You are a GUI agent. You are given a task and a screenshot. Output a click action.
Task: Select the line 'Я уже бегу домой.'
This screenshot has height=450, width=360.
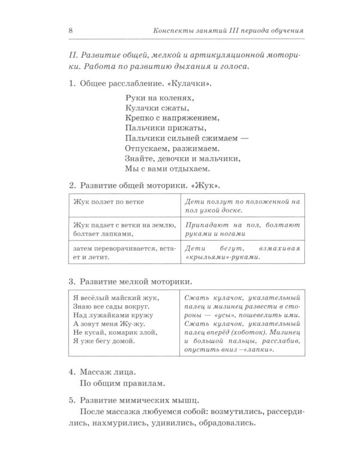click(x=102, y=341)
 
